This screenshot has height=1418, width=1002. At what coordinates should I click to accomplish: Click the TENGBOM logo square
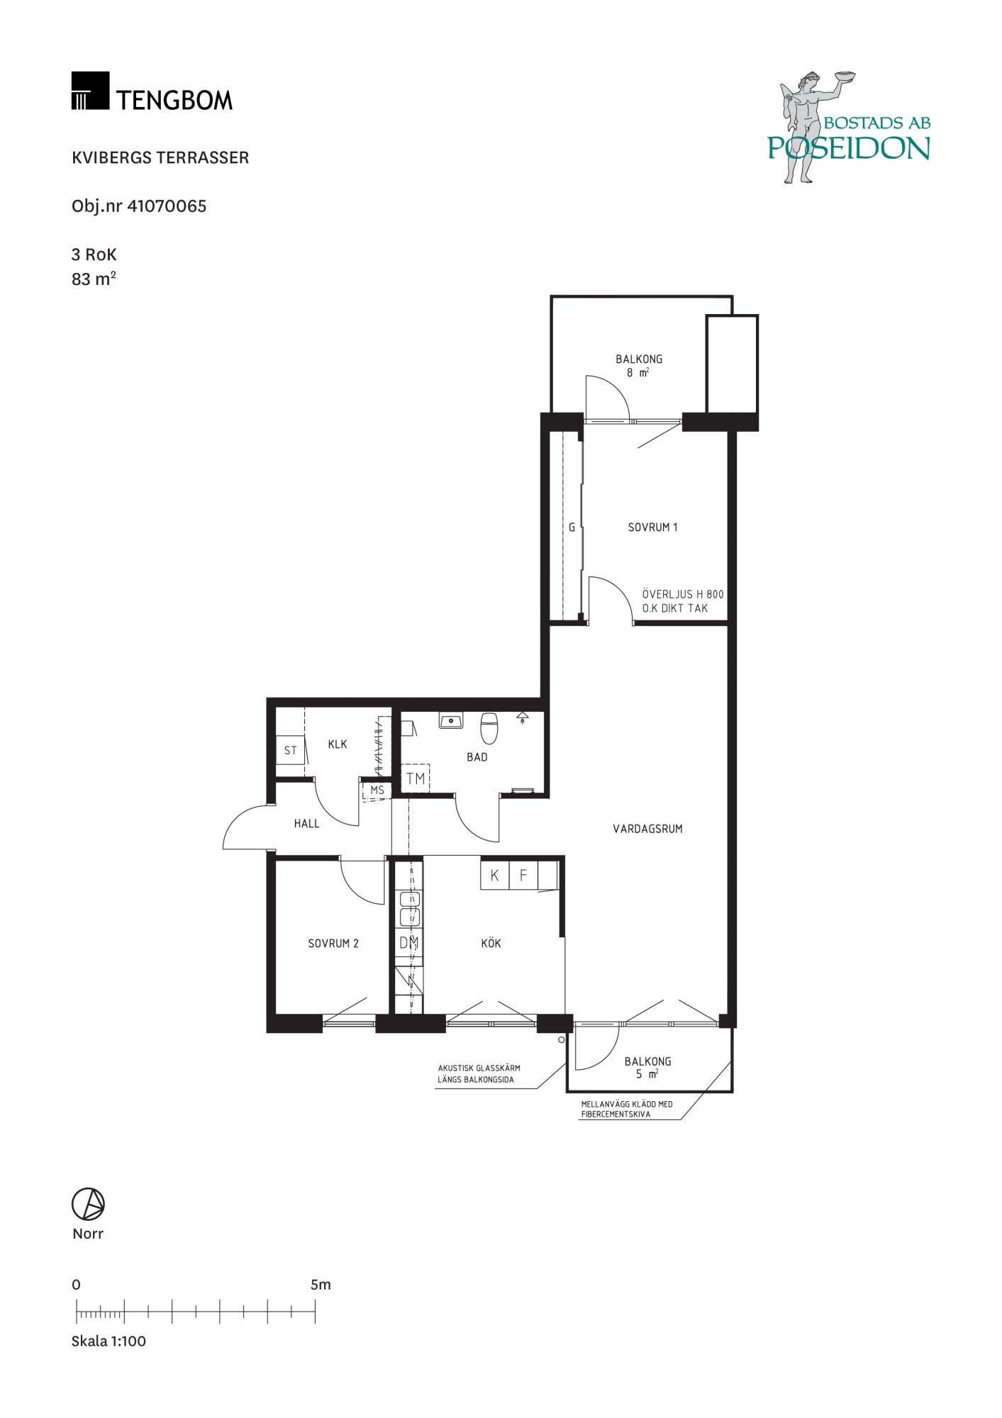tap(90, 90)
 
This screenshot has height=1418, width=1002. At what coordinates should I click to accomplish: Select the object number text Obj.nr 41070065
tap(139, 206)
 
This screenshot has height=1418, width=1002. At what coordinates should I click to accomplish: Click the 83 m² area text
tap(94, 279)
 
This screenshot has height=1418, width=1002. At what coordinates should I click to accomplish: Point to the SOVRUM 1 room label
tap(652, 527)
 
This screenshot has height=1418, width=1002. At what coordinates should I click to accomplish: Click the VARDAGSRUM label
tap(647, 828)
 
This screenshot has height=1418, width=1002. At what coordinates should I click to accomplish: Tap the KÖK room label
tap(491, 943)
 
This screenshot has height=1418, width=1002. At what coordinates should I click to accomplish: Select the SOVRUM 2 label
tap(333, 944)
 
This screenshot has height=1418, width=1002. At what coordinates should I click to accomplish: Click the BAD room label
tap(477, 757)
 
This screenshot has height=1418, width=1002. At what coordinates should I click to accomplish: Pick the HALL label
tap(306, 824)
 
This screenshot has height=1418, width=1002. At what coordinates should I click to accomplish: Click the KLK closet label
tap(338, 744)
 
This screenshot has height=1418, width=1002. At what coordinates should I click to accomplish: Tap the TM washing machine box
tap(416, 778)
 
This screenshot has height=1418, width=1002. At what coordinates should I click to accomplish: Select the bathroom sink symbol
tap(450, 721)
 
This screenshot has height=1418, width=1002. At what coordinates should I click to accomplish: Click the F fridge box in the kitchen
tap(523, 875)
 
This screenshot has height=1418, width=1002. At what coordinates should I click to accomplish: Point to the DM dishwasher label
tap(408, 943)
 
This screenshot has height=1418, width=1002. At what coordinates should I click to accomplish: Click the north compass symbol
tap(88, 1204)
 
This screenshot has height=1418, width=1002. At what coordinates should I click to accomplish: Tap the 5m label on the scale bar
tap(321, 1285)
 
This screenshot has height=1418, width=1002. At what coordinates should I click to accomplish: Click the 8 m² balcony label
tap(638, 372)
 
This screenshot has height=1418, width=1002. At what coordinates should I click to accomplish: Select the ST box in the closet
tap(290, 750)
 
